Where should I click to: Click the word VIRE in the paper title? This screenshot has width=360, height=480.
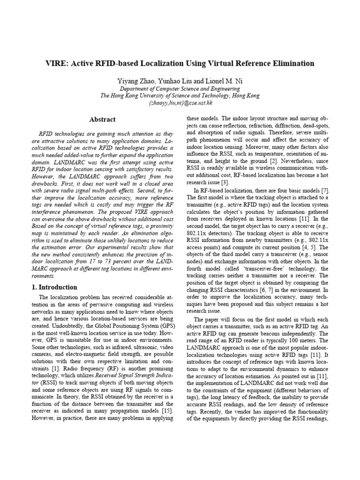pyautogui.click(x=57, y=63)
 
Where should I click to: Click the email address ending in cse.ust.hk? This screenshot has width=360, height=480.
pyautogui.click(x=180, y=102)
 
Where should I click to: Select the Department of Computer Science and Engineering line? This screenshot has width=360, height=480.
pyautogui.click(x=180, y=89)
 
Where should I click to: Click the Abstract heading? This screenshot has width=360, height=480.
pyautogui.click(x=102, y=120)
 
